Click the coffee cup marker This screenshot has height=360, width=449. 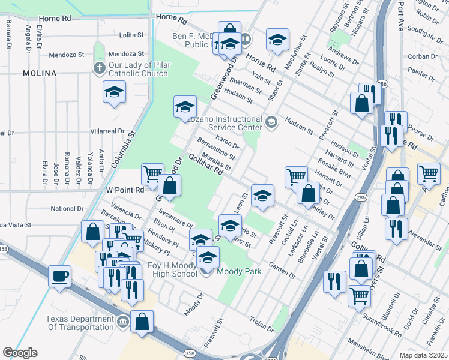[x=60, y=277]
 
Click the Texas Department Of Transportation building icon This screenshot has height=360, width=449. [x=123, y=322]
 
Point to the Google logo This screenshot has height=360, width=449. [x=20, y=353]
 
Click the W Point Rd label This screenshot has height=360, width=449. [x=125, y=190]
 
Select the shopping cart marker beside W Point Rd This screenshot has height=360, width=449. [x=152, y=175]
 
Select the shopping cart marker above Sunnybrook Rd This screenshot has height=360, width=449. [x=359, y=295]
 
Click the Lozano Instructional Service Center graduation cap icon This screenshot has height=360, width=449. [x=271, y=123]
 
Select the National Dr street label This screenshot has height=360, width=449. [x=66, y=209]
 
